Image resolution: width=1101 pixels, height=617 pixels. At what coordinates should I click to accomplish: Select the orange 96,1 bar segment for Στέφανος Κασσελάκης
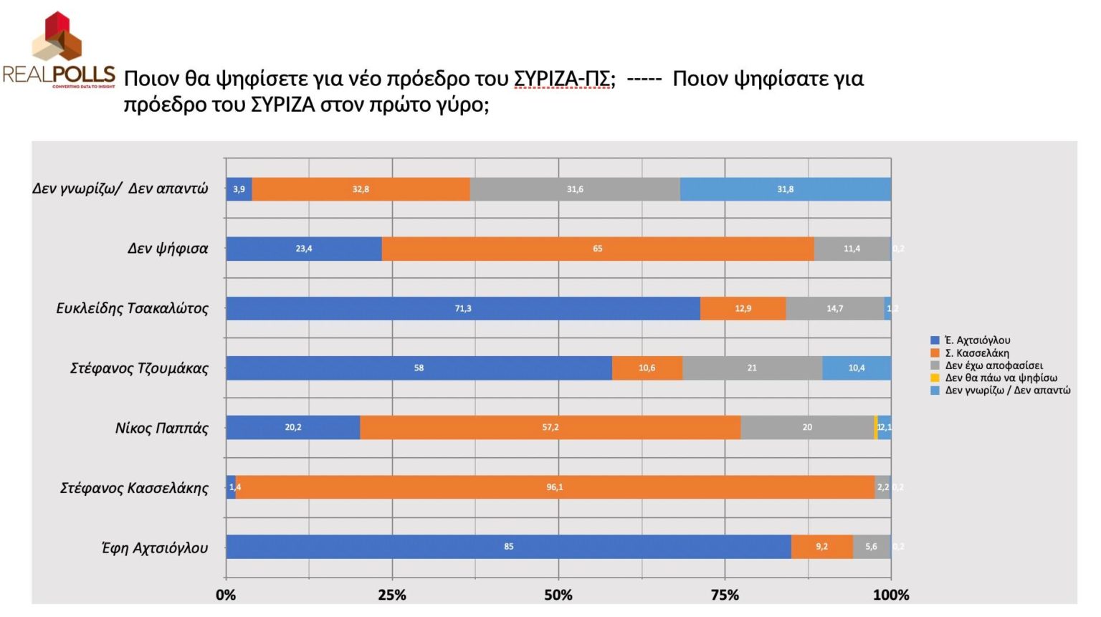click(555, 487)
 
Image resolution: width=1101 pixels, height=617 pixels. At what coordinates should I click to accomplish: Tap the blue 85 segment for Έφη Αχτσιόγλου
click(508, 547)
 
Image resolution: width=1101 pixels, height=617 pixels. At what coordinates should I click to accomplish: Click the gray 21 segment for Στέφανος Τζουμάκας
click(752, 368)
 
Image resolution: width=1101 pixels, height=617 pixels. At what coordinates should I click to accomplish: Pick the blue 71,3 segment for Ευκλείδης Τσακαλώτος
click(463, 308)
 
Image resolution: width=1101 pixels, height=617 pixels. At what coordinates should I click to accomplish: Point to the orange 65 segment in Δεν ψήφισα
click(598, 249)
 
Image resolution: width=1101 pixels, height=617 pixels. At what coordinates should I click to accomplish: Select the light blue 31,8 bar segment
click(786, 189)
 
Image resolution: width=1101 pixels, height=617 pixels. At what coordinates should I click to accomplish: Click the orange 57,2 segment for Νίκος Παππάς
click(550, 427)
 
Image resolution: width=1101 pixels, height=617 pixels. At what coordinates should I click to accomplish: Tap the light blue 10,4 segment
click(857, 368)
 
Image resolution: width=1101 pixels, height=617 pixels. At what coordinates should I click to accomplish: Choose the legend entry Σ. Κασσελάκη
click(976, 353)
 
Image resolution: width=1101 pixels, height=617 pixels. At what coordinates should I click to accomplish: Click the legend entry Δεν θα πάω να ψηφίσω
click(1001, 378)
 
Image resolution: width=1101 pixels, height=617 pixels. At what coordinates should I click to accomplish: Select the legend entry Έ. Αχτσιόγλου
click(977, 340)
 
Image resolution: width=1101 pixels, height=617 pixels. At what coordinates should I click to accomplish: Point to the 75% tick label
click(725, 595)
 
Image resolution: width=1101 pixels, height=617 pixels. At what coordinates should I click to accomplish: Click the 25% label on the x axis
click(392, 595)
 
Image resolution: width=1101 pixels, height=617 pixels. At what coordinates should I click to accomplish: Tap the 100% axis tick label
click(891, 595)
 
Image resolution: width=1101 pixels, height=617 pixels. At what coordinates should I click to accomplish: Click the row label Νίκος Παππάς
click(162, 428)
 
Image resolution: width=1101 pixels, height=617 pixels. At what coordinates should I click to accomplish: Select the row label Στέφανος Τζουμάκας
click(139, 368)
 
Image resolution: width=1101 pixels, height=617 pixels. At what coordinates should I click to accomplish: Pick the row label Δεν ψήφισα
click(168, 249)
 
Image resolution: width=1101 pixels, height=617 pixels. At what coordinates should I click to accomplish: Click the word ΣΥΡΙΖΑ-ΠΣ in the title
click(563, 78)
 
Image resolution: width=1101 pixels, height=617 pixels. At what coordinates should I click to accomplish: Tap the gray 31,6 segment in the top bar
click(575, 189)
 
